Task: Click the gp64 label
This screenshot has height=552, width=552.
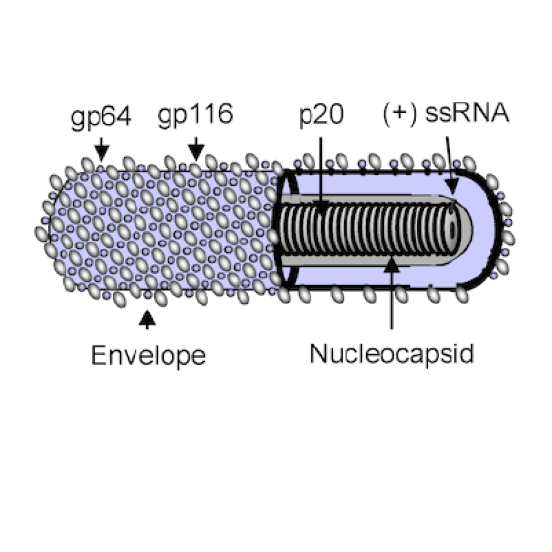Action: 101,117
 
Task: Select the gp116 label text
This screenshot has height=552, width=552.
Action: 196,115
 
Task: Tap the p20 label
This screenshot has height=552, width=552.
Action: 321,115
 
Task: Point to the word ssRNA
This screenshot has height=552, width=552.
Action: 467,113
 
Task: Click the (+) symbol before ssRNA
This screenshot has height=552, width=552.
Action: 399,115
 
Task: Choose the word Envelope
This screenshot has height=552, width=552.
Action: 148,356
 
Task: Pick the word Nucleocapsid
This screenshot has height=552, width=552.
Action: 392,354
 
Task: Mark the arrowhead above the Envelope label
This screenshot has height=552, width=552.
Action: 147,318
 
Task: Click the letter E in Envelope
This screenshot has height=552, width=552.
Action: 99,355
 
